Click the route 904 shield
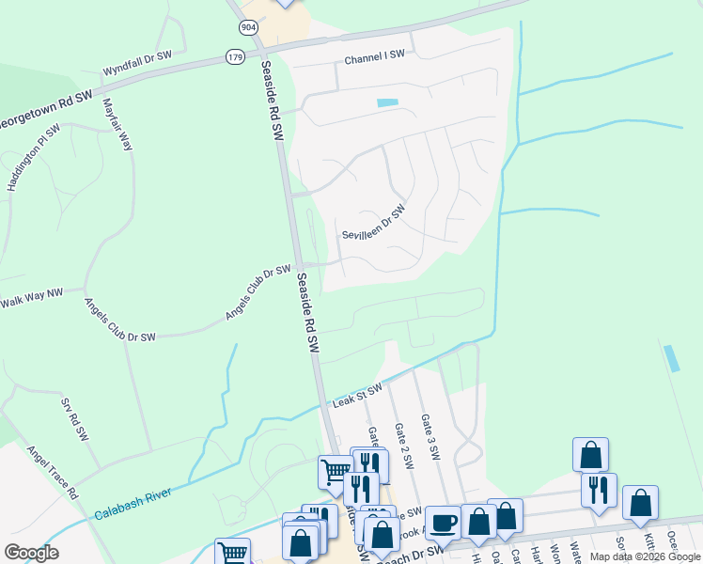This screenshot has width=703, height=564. [248, 27]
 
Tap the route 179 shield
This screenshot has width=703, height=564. [235, 57]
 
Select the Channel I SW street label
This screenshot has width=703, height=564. [374, 58]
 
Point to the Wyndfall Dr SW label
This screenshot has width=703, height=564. [137, 62]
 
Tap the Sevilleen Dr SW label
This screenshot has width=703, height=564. [373, 223]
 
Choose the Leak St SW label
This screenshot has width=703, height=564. [358, 396]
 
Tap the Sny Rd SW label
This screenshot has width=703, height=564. [74, 420]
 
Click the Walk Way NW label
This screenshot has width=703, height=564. [30, 298]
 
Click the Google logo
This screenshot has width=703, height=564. [32, 552]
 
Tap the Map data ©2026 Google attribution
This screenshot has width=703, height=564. [644, 556]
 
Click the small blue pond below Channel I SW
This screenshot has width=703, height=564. [387, 102]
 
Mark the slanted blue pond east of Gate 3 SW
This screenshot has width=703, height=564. [670, 358]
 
